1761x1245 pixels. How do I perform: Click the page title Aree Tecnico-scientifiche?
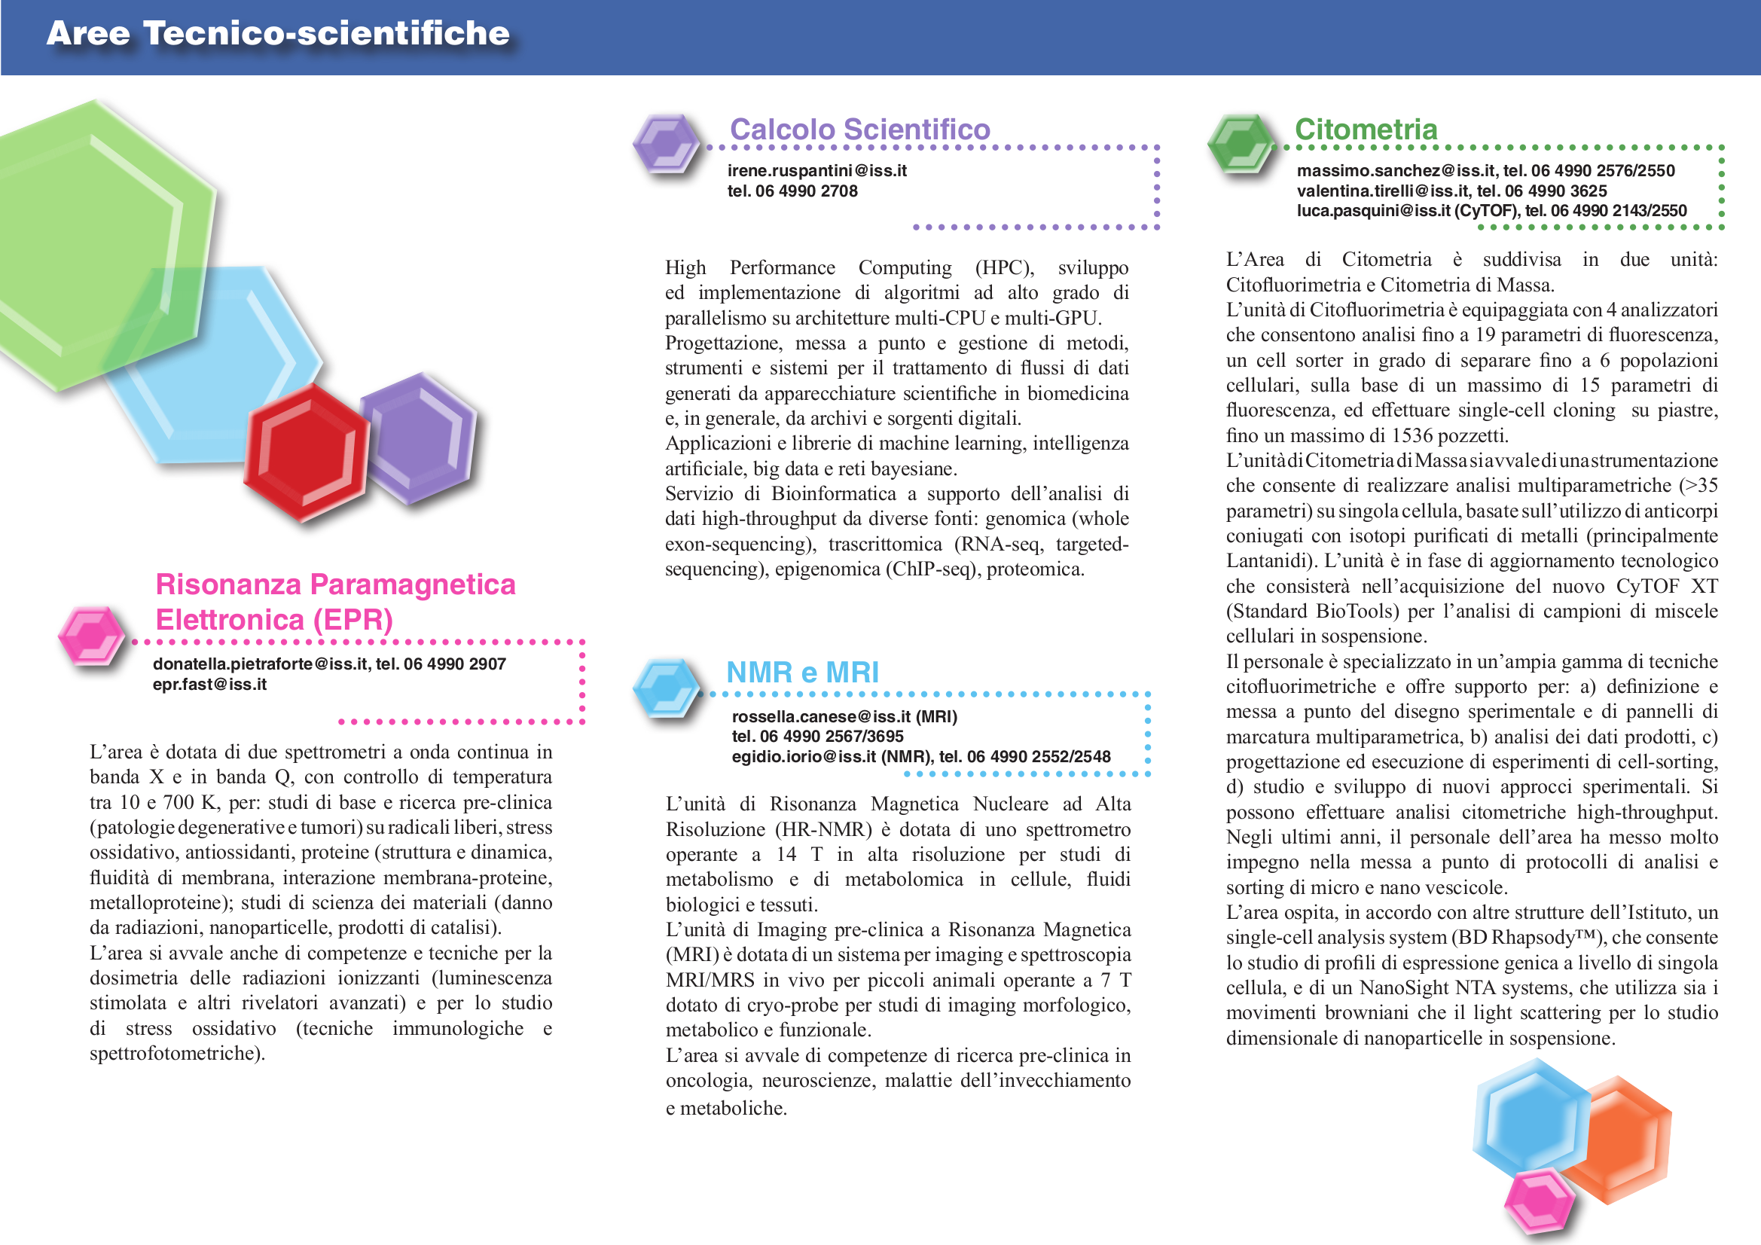(x=278, y=34)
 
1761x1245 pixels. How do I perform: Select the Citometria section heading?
(x=1366, y=129)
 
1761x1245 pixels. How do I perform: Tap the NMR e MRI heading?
(x=801, y=672)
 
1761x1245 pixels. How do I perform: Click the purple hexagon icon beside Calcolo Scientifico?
(x=666, y=143)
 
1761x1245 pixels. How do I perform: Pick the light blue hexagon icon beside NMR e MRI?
(x=666, y=688)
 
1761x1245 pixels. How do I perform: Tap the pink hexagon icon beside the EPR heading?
(x=91, y=634)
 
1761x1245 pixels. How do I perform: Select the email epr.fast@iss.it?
(x=209, y=684)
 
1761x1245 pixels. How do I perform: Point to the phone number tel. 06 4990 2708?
(x=792, y=191)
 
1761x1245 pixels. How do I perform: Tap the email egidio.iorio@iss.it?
(x=803, y=756)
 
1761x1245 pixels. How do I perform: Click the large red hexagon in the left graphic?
(x=306, y=453)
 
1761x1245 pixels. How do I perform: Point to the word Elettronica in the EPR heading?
(x=229, y=619)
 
